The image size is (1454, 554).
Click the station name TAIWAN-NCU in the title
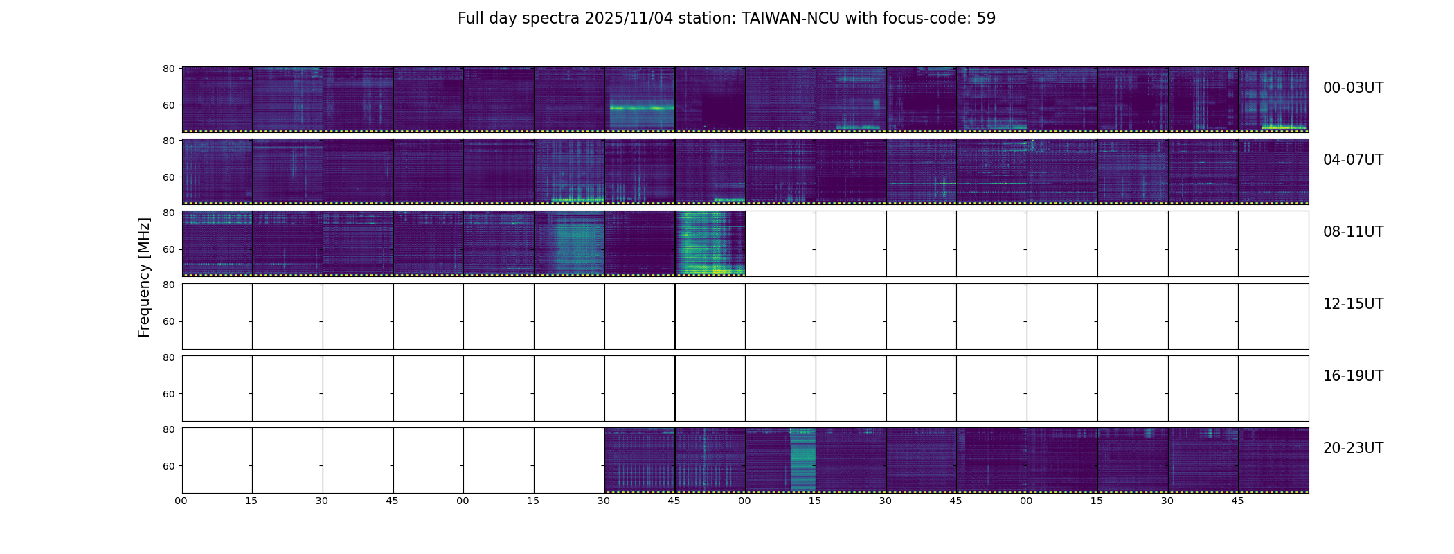(x=791, y=19)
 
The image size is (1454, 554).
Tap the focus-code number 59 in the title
(x=986, y=19)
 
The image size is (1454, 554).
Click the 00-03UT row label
(x=1353, y=88)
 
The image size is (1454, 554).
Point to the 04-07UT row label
(x=1353, y=160)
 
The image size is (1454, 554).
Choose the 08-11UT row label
(x=1353, y=232)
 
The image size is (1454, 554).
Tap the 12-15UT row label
(x=1353, y=304)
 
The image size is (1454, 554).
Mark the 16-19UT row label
(x=1353, y=376)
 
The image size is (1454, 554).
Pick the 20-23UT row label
(x=1353, y=448)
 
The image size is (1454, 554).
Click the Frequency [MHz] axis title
(x=144, y=277)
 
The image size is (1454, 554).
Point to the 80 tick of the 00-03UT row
(x=168, y=69)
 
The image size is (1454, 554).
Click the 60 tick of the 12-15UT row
(x=168, y=321)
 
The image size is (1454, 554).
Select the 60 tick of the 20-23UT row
(x=168, y=466)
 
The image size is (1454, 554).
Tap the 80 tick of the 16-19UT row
(x=168, y=357)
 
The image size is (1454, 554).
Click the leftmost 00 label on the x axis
(x=181, y=501)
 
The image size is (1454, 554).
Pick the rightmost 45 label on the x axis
(x=1237, y=501)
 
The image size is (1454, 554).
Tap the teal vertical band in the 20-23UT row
(x=802, y=459)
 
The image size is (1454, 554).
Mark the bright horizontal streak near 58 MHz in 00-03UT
(x=641, y=108)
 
